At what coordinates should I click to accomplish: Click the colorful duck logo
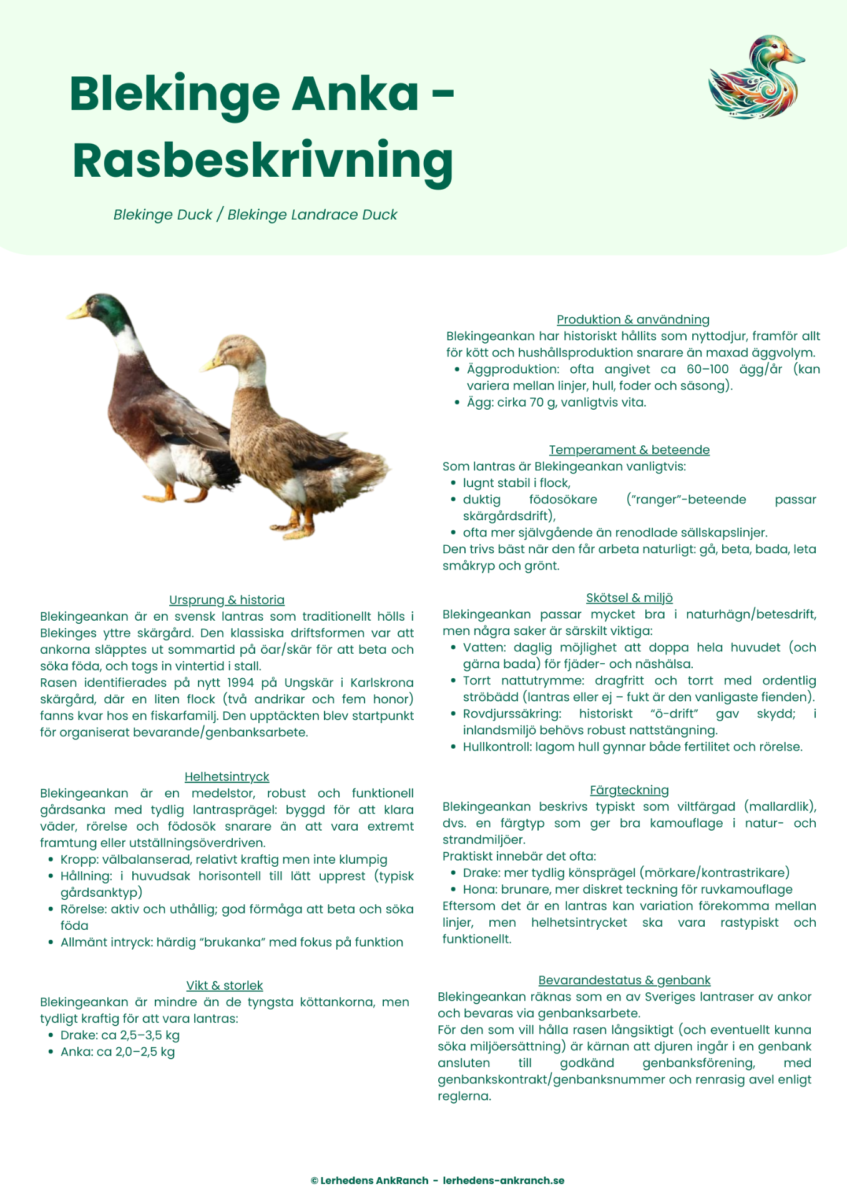(755, 77)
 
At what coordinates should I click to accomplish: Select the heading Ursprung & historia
(227, 599)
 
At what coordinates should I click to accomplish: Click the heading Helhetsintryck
(227, 776)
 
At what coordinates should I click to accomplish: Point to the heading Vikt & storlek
(225, 985)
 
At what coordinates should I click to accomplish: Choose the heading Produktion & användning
(633, 319)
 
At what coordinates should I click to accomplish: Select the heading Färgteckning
(629, 789)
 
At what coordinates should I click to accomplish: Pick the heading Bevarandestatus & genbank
(624, 980)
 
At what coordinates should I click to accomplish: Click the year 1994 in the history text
(240, 683)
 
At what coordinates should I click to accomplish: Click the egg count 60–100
(707, 369)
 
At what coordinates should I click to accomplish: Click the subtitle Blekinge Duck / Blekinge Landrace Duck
(255, 214)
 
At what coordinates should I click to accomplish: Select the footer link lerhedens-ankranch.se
(503, 1180)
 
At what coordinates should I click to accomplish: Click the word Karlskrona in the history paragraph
(381, 683)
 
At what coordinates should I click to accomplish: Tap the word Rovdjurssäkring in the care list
(512, 713)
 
